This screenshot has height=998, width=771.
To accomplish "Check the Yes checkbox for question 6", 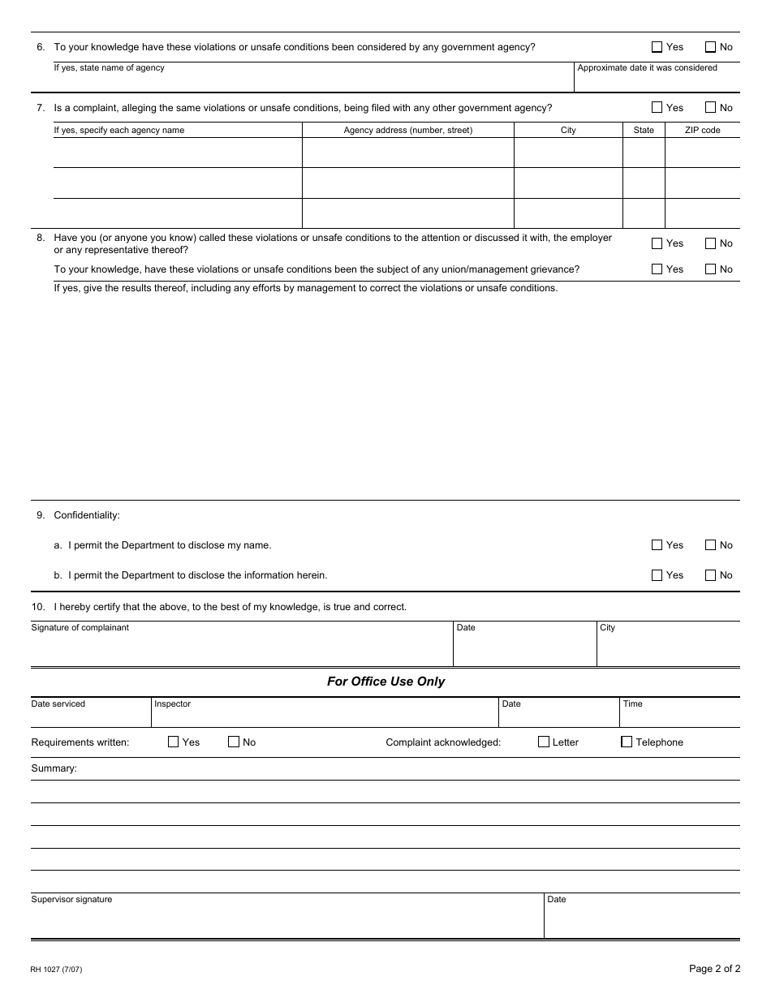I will point(657,47).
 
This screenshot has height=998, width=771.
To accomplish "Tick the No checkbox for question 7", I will point(711,107).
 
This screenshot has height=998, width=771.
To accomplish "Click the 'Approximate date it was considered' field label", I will point(647,68).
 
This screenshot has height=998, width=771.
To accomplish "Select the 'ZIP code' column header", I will point(702,130).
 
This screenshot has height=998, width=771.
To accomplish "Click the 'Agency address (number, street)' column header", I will point(407,130).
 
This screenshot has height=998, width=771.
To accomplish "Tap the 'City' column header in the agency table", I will point(568,130).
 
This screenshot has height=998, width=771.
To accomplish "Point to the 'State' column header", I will point(644,130).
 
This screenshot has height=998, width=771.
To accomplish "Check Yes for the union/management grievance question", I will point(657,269).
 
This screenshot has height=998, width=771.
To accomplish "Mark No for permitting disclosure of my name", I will point(711,545).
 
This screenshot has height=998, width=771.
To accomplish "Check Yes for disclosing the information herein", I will point(657,575).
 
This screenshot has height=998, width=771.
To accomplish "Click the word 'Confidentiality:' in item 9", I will point(87,515).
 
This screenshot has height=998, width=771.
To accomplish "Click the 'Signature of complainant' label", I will point(80,628).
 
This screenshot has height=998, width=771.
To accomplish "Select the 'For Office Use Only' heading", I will point(385,682).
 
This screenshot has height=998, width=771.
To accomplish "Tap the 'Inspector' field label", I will point(172,704).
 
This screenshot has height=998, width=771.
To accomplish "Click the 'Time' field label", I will point(632,704).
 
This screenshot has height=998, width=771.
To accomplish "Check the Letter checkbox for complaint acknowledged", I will point(544,742).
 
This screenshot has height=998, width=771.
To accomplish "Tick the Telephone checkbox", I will point(627,742).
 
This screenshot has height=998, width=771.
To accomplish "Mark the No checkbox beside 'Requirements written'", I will point(234,742).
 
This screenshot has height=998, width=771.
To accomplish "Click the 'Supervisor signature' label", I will point(71,900).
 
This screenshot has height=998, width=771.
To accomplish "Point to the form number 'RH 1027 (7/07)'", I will point(56,970).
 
